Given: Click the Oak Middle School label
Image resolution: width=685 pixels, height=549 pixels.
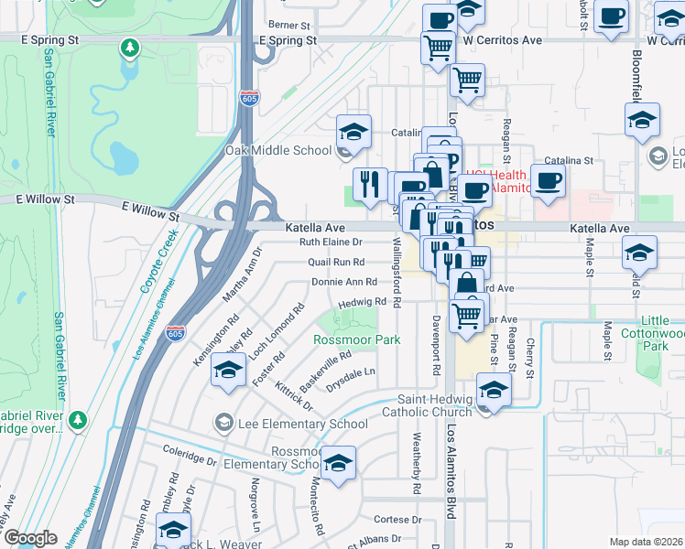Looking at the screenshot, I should [x=278, y=150].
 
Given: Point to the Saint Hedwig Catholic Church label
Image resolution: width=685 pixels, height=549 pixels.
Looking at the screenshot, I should [x=434, y=405].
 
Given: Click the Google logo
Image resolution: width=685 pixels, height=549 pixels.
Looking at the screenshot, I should [x=30, y=538].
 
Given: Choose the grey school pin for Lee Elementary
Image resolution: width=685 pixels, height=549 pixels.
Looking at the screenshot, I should [x=222, y=423].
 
